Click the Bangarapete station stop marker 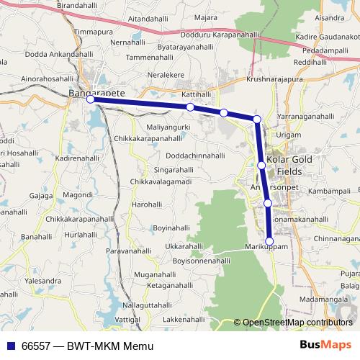(x=91, y=100)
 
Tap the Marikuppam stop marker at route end (x=270, y=241)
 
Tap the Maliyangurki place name (x=168, y=127)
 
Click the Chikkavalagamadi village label (x=161, y=182)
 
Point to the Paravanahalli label (x=127, y=251)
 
